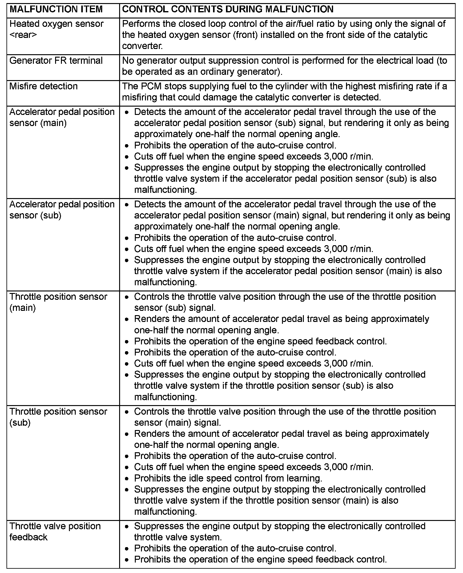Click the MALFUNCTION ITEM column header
tap(56, 9)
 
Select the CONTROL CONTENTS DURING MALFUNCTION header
tap(228, 9)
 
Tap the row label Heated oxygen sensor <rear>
tap(57, 29)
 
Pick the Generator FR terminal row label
tap(56, 61)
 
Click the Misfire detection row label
tap(43, 86)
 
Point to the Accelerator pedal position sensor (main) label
tap(62, 117)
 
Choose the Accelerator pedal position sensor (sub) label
tap(62, 210)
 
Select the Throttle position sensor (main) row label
tap(58, 302)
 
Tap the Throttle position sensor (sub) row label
tap(58, 417)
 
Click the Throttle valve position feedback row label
tap(55, 532)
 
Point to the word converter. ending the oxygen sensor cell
tap(142, 46)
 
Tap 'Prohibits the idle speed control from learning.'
tap(228, 478)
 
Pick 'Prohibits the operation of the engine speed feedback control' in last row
tap(260, 559)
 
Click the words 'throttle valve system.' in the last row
tap(178, 537)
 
